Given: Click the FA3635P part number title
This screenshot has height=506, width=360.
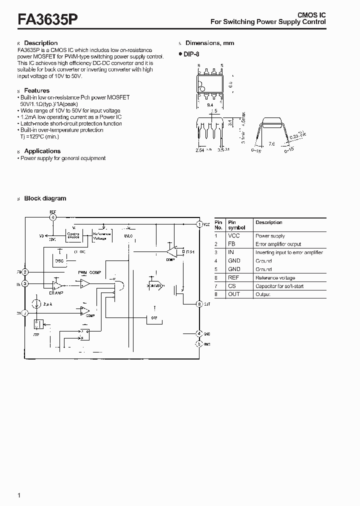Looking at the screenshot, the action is coord(47,19).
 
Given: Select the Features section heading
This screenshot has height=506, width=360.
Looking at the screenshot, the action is coord(36,90).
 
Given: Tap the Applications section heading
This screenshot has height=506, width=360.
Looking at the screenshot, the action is coord(42,151).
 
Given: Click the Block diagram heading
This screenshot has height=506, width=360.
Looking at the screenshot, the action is coord(45,198).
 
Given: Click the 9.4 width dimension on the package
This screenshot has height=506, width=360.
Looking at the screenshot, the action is coord(209,105).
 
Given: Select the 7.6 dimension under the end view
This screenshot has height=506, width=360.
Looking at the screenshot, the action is coord(272,144).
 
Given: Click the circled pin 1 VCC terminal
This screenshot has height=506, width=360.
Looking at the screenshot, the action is coord(199,224).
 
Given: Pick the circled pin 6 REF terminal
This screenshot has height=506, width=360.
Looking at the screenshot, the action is coord(53,216).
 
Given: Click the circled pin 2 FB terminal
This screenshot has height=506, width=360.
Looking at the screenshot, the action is coord(25,272).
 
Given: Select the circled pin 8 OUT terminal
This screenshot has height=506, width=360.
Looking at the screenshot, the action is coord(199,303).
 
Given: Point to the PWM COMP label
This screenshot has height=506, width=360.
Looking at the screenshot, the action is coord(89,271).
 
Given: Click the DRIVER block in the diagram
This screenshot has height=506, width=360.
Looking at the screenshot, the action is coord(154,285).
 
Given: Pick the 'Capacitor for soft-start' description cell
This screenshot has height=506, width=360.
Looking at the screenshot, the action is coord(279,286).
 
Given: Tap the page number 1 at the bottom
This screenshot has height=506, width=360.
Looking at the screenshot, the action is coord(19,495).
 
